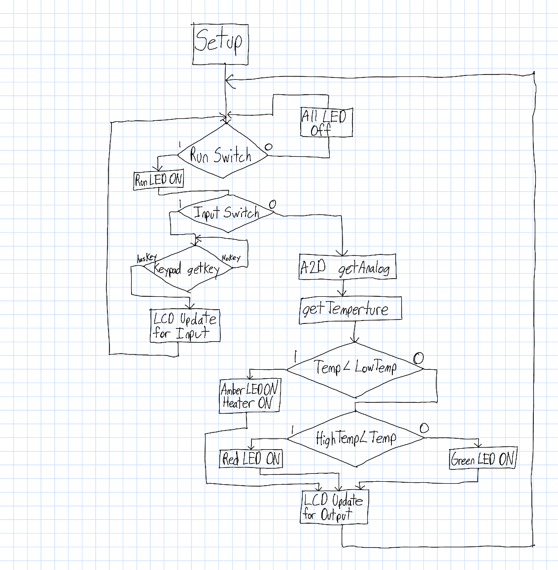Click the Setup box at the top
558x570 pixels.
pos(220,43)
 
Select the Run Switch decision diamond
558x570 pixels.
pos(222,155)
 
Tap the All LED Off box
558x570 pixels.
pos(326,122)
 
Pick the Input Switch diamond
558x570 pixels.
pos(226,213)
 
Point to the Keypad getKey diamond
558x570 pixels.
pos(187,270)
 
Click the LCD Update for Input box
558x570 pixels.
pos(184,325)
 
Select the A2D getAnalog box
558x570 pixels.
pos(347,267)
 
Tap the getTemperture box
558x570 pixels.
pos(350,310)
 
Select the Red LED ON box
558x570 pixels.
pos(251,459)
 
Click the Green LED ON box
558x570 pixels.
pos(482,460)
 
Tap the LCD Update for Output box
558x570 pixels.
pos(334,507)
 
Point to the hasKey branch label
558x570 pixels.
pos(146,258)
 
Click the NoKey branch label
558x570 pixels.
pos(231,257)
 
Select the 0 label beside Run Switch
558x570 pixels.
pos(269,147)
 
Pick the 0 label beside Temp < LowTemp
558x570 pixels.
pos(418,357)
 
